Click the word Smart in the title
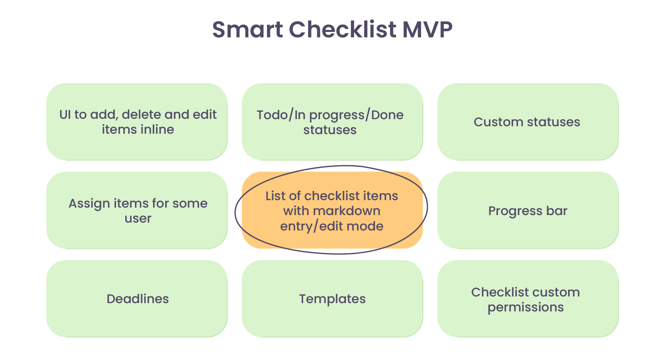pyautogui.click(x=248, y=30)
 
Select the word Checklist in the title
pyautogui.click(x=342, y=30)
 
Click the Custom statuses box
pyautogui.click(x=528, y=122)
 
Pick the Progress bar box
pyautogui.click(x=528, y=211)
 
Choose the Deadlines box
pyautogui.click(x=137, y=299)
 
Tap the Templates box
pyautogui.click(x=332, y=299)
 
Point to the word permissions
pyautogui.click(x=525, y=307)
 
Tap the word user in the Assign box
pyautogui.click(x=138, y=218)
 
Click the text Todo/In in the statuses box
pyautogui.click(x=281, y=115)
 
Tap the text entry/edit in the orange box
pyautogui.click(x=313, y=226)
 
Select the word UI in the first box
pyautogui.click(x=65, y=115)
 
